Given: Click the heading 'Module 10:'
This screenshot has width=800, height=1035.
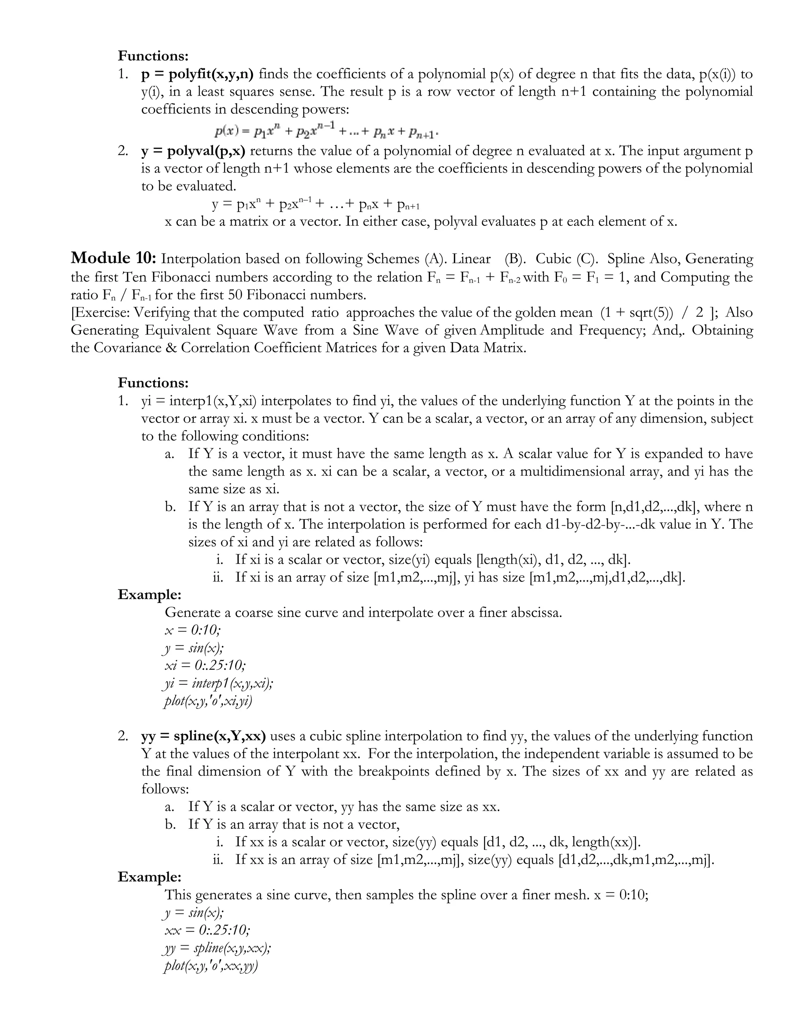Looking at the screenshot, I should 113,258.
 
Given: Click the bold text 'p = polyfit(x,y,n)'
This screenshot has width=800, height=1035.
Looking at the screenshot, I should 197,74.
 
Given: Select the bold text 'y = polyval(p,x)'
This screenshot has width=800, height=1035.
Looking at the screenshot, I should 193,151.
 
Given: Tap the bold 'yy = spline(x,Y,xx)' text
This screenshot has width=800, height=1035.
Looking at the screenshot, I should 203,736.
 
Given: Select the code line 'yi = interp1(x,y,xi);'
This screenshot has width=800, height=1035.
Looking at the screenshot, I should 218,683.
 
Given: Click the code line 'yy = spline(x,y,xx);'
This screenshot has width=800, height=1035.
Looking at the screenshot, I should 217,948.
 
